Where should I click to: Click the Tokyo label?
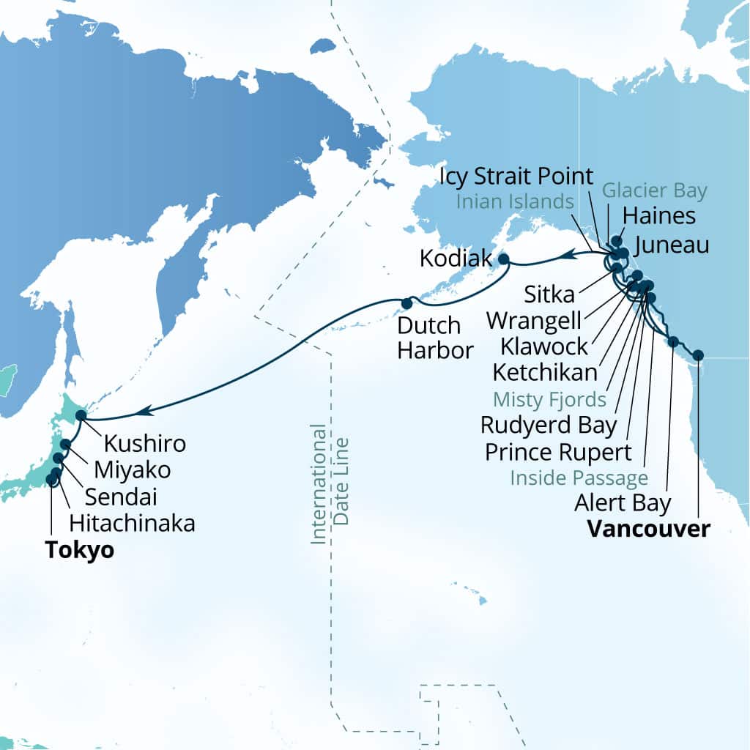point(79,550)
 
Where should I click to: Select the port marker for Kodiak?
point(504,259)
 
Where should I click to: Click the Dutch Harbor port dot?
point(406,302)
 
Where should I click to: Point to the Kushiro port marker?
point(81,415)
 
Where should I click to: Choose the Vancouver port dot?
point(698,355)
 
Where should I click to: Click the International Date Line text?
point(329,483)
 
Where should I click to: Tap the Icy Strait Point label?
point(517,177)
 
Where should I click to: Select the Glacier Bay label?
point(654,191)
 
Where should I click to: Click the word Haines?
point(658,215)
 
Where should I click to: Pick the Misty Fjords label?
point(549,399)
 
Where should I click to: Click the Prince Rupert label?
point(558,451)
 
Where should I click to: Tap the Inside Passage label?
point(579,478)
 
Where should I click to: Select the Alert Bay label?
point(623,503)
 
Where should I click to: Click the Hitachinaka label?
point(132,523)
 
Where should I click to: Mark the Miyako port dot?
point(66,444)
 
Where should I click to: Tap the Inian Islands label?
point(513,201)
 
